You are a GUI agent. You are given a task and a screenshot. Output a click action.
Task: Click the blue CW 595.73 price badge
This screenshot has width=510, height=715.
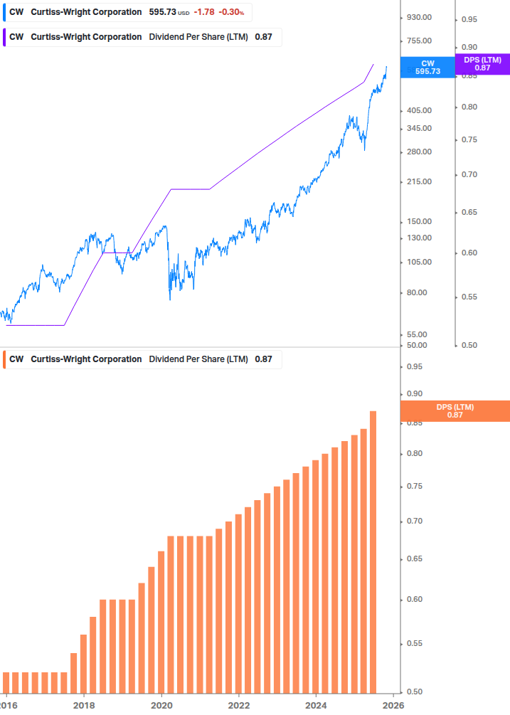(x=427, y=67)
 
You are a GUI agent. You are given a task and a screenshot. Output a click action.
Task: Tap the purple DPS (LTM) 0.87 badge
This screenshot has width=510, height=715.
(x=482, y=64)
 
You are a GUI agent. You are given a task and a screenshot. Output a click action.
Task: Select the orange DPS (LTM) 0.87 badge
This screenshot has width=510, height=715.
(x=455, y=411)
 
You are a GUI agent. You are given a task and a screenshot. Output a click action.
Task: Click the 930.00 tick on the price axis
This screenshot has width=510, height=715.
(x=418, y=17)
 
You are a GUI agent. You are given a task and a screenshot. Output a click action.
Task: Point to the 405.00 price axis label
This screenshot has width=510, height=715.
(x=418, y=110)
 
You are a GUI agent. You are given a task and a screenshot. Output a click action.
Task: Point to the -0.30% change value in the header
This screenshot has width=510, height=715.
(x=231, y=12)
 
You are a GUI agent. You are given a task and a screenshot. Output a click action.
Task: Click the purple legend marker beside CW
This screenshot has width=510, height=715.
(x=6, y=37)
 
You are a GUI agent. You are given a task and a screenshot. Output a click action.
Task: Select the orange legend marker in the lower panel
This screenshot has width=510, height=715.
(x=6, y=359)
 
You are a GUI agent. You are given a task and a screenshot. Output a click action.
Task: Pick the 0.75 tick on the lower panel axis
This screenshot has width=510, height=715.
(x=414, y=487)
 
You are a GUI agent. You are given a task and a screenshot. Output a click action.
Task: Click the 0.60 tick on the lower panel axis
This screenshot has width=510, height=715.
(x=414, y=599)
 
